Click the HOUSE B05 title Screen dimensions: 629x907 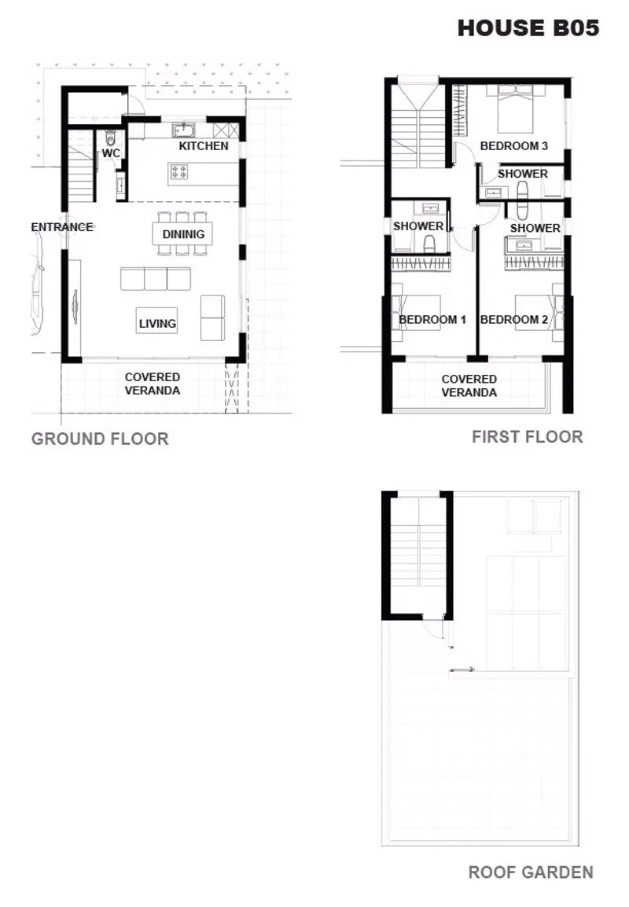tap(528, 28)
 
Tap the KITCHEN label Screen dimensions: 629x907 tap(204, 146)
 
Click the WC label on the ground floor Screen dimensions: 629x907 tap(111, 153)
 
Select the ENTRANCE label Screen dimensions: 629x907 tap(62, 227)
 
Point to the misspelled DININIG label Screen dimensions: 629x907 tap(183, 234)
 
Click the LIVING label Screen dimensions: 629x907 tap(157, 324)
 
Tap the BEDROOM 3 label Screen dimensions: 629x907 tap(514, 146)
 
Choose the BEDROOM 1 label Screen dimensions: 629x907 tap(432, 319)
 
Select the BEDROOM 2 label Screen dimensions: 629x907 tap(514, 319)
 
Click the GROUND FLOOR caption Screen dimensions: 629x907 tap(100, 439)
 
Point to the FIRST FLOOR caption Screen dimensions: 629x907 tap(527, 437)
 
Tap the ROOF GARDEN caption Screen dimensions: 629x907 tap(531, 872)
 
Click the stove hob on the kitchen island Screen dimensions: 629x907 tap(179, 172)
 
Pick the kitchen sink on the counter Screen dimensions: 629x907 tap(184, 130)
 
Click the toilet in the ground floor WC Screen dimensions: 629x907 tap(111, 138)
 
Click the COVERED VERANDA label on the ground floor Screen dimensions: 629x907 tap(153, 384)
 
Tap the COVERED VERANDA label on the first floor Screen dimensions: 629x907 tap(469, 386)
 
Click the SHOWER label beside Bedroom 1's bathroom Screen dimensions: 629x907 tap(418, 226)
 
